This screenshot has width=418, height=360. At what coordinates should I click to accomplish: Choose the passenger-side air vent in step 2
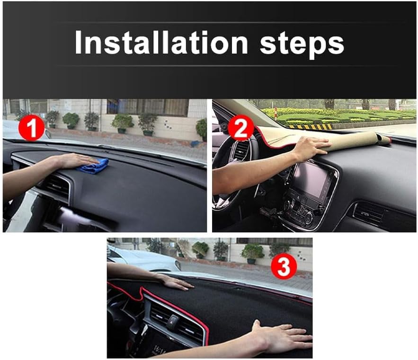(369, 213)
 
